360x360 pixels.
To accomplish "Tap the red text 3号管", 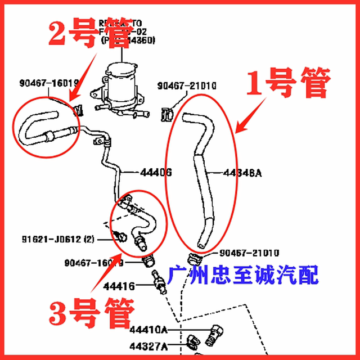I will click(92, 313).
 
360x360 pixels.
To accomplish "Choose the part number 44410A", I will click(148, 328).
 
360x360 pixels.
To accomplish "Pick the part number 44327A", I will click(148, 341).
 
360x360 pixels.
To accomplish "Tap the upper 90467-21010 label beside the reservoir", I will click(187, 86).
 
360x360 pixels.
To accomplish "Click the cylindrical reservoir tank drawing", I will click(120, 84).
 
